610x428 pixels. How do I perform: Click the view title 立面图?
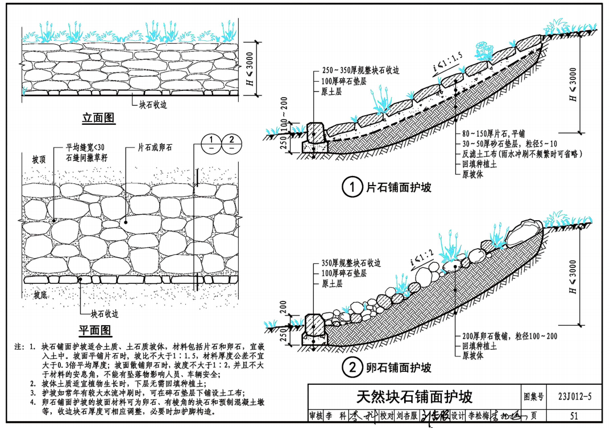(98, 118)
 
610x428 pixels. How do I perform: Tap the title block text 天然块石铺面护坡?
(414, 396)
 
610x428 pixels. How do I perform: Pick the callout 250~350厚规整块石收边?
(360, 71)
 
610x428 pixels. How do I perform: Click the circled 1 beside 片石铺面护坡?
(352, 187)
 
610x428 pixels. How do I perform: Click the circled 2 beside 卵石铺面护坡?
(352, 368)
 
